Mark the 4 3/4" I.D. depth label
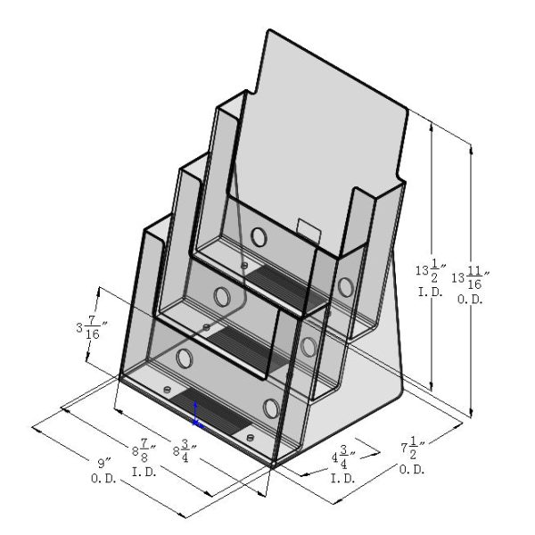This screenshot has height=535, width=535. pyautogui.click(x=346, y=465)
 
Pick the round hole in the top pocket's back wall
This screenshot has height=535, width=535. pyautogui.click(x=259, y=237)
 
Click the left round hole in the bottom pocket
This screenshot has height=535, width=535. pyautogui.click(x=185, y=358)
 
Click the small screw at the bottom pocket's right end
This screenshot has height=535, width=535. pyautogui.click(x=250, y=437)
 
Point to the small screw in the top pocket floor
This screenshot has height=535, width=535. pyautogui.click(x=245, y=265)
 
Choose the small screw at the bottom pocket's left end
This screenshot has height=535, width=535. pyautogui.click(x=166, y=390)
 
